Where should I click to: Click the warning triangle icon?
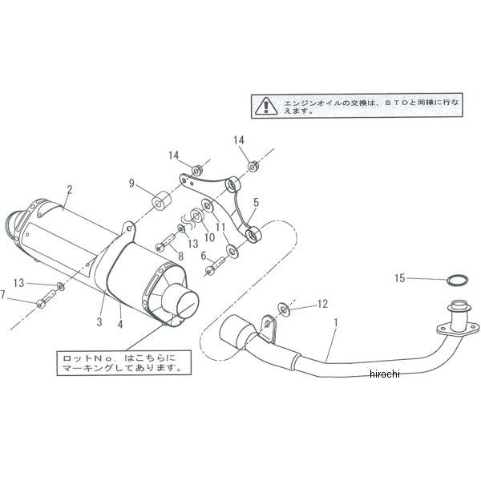(x=262, y=105)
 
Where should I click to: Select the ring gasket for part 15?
(x=455, y=281)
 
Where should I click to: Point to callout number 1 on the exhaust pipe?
(x=335, y=321)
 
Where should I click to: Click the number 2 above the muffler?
(x=70, y=190)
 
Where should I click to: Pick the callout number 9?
(x=131, y=183)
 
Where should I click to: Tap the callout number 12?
(x=323, y=303)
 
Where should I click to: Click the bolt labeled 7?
(x=44, y=301)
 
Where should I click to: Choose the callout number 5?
(x=256, y=202)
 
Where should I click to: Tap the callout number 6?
(x=204, y=256)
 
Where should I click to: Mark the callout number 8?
(x=180, y=256)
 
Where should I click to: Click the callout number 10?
(x=210, y=238)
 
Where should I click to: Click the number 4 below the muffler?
(x=119, y=324)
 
